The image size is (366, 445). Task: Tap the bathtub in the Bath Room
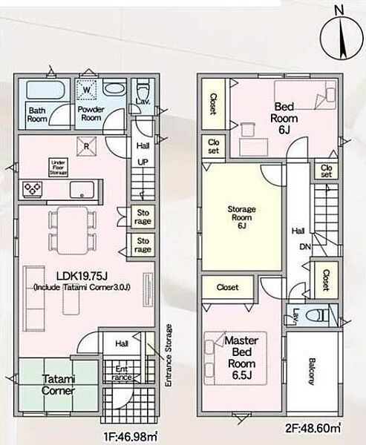(46, 90)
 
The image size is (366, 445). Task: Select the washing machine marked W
(86, 90)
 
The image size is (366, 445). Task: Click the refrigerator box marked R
(86, 146)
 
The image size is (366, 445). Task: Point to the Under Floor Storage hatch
(58, 168)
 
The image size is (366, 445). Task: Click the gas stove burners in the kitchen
(33, 188)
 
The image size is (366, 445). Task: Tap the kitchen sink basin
(82, 190)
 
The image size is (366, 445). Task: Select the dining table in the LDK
(73, 231)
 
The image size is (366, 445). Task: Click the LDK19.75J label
(82, 276)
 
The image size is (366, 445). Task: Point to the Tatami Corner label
(58, 384)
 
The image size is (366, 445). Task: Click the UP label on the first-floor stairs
(143, 162)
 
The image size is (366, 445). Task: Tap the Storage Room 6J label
(241, 217)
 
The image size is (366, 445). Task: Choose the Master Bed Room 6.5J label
(241, 357)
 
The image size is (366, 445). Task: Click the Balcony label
(312, 372)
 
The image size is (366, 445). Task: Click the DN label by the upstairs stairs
(305, 247)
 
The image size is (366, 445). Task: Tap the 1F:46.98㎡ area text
(130, 437)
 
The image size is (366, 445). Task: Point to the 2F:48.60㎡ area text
(313, 428)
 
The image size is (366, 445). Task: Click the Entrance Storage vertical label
(169, 355)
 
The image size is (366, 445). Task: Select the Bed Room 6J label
(284, 118)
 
